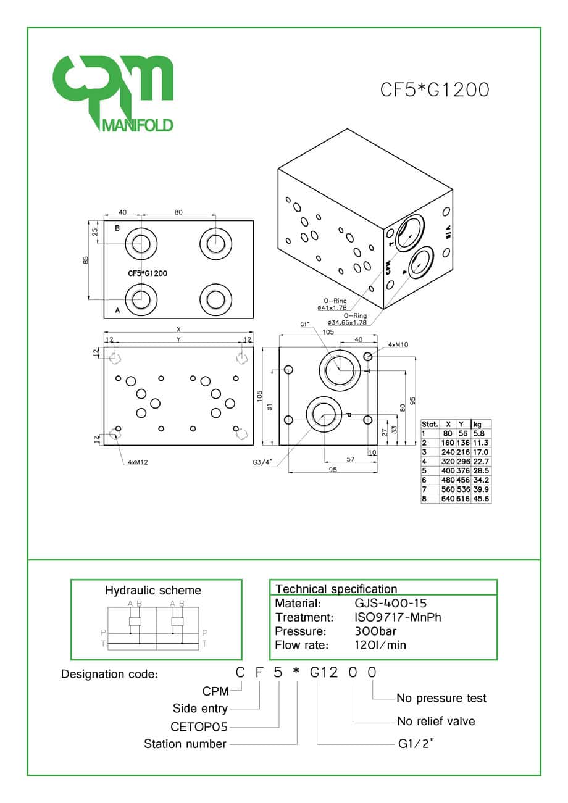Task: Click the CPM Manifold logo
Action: click(112, 93)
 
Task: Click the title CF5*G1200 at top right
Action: click(434, 90)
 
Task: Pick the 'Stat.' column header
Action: click(430, 425)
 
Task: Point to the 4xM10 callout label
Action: click(399, 344)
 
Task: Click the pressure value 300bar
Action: click(375, 631)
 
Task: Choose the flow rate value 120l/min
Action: click(380, 645)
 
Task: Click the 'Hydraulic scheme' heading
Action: click(153, 590)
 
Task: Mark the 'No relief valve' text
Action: click(436, 721)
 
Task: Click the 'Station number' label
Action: click(185, 744)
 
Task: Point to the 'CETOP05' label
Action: click(199, 726)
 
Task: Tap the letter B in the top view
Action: click(117, 228)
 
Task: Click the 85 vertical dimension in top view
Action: click(86, 260)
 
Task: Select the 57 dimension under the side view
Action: click(351, 460)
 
